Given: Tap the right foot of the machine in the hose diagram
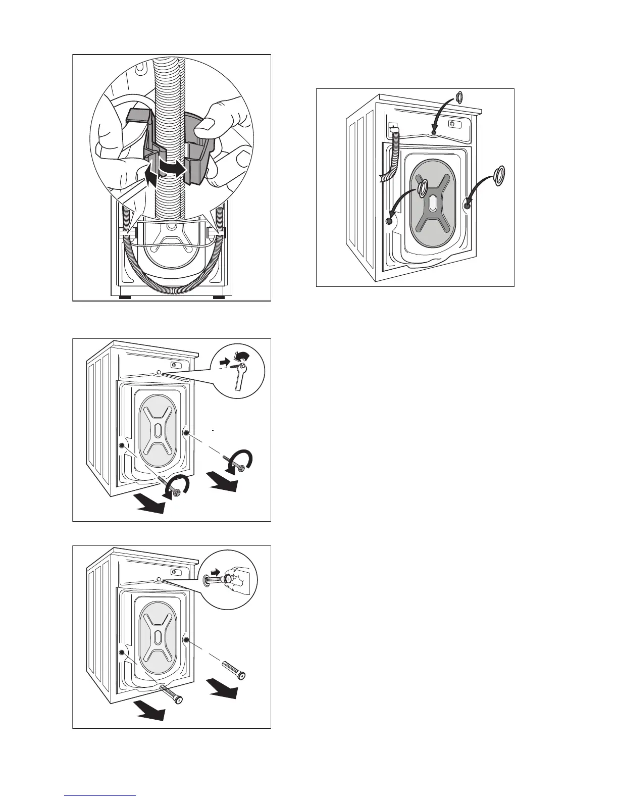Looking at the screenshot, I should point(219,297).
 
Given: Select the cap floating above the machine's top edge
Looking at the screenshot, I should point(459,97).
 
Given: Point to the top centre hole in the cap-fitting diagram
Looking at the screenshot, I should point(434,132).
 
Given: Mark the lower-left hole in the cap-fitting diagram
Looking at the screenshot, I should point(389,221).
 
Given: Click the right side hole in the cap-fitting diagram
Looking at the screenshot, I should point(467,205).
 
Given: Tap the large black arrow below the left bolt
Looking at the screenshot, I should point(151,507).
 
